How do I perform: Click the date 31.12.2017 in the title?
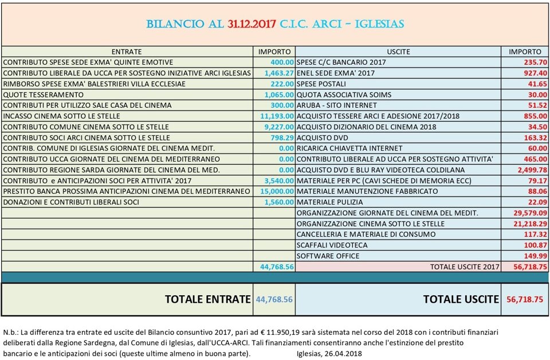(x=252, y=24)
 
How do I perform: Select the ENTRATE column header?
(x=127, y=52)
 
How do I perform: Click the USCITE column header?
(x=398, y=52)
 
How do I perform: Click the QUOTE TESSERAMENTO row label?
(x=44, y=95)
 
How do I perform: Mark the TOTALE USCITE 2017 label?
(x=465, y=267)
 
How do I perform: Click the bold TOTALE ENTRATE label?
(x=207, y=299)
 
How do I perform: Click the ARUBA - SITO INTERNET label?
(x=337, y=105)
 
